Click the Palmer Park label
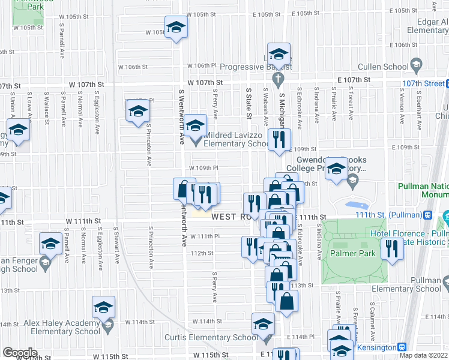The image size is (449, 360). click(x=358, y=254)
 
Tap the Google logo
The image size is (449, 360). click(x=20, y=353)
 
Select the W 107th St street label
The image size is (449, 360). click(x=205, y=82)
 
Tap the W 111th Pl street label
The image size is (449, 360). click(x=205, y=236)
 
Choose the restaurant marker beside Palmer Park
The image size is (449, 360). click(x=392, y=248)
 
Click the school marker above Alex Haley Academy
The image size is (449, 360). click(x=104, y=306)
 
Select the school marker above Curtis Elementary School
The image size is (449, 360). click(x=263, y=324)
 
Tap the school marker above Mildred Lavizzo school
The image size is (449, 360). click(x=195, y=125)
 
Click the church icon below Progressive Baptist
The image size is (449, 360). click(x=278, y=78)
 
